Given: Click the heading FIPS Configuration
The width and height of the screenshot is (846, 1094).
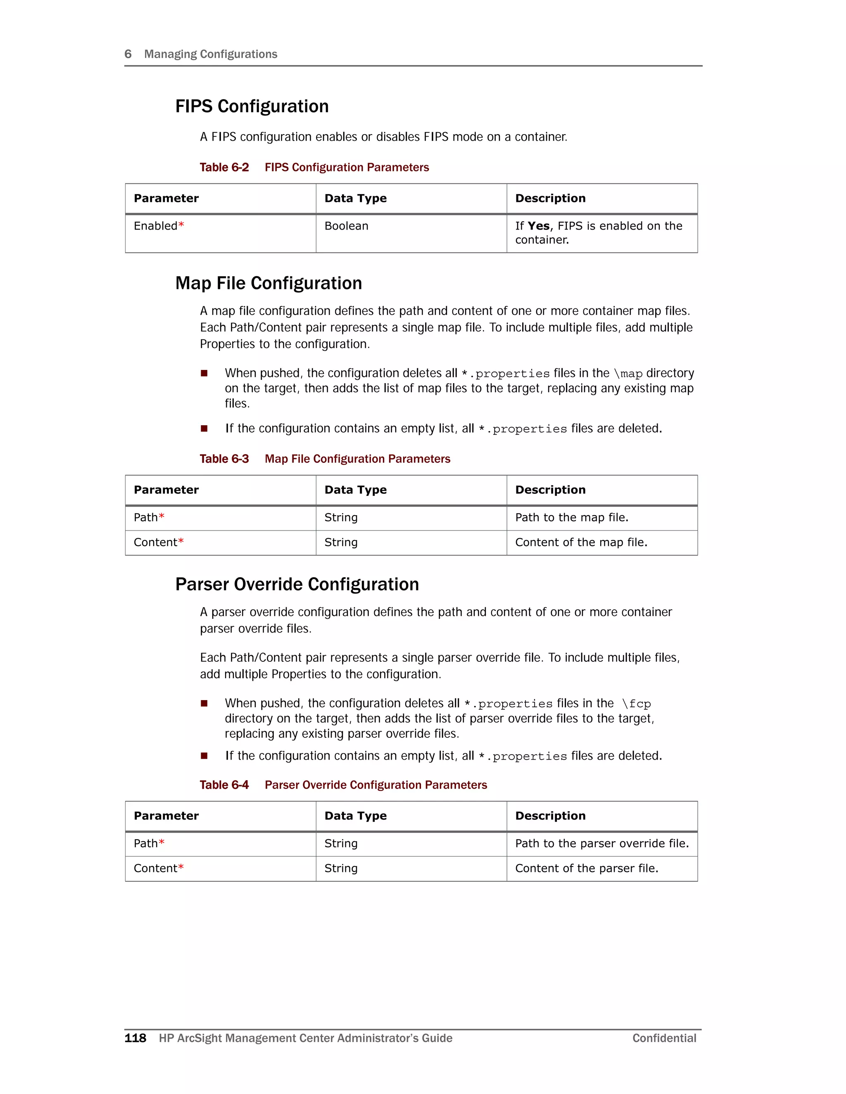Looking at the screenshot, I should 252,106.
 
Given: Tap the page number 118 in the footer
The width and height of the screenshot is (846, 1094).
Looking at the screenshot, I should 135,1038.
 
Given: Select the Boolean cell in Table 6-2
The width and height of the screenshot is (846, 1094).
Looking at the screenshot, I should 346,226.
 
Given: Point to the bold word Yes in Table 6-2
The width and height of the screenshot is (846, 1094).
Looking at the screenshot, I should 538,226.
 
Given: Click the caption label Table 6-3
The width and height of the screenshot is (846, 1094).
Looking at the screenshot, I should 224,459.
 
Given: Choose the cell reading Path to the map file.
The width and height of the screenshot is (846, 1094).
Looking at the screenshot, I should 571,517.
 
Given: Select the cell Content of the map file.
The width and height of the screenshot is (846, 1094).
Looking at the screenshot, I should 581,542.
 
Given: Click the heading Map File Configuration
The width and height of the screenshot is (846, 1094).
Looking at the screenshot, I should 268,283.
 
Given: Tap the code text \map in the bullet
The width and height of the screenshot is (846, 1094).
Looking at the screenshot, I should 628,374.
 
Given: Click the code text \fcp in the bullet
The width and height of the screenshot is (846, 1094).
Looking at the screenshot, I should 636,704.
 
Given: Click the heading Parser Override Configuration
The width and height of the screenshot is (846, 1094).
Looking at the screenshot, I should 297,584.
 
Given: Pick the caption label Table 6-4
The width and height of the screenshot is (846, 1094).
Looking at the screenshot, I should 224,785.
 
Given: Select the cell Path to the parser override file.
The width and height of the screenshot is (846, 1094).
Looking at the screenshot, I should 601,843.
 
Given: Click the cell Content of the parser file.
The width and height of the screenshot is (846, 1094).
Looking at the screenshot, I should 587,869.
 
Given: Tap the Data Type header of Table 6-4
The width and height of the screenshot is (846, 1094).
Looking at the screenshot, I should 355,816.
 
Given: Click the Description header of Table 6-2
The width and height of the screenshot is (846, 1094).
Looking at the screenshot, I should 550,198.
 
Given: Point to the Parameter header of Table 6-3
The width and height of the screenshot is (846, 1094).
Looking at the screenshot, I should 166,490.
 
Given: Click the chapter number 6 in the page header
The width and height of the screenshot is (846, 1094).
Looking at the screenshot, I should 128,54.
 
